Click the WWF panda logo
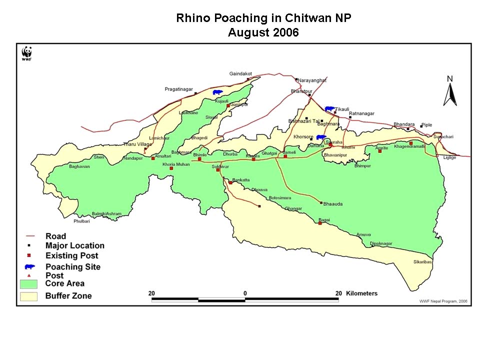pos(26,52)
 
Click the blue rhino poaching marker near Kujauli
pos(217,92)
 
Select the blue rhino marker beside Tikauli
pos(329,108)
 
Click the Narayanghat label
pos(312,80)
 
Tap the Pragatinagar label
pos(178,89)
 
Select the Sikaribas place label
pos(422,261)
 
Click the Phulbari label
pos(81,220)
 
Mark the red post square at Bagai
pos(320,223)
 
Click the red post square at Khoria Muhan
pos(171,168)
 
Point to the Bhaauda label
pos(333,204)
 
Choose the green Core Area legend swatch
pos(29,284)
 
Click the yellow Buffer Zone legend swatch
pos(29,296)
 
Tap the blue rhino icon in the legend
pos(30,267)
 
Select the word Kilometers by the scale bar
pos(361,293)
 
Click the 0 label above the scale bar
pos(245,293)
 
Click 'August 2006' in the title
pos(263,33)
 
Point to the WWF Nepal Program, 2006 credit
pos(442,301)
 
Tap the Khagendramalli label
pos(409,147)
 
